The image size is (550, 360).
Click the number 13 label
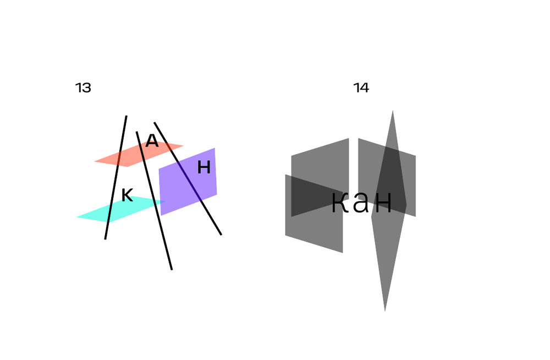point(83,88)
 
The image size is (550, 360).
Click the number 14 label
point(361,88)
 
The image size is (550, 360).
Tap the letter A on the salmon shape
point(152,141)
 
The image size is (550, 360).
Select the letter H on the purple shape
point(204,167)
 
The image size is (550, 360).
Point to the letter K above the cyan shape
point(127,195)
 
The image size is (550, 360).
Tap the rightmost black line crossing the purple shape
point(209,215)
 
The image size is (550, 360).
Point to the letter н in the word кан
point(382,203)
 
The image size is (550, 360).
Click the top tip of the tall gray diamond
point(392,112)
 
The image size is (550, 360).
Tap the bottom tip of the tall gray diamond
point(384,309)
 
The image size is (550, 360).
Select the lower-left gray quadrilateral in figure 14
point(313,231)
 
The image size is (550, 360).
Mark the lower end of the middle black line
point(172,269)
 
